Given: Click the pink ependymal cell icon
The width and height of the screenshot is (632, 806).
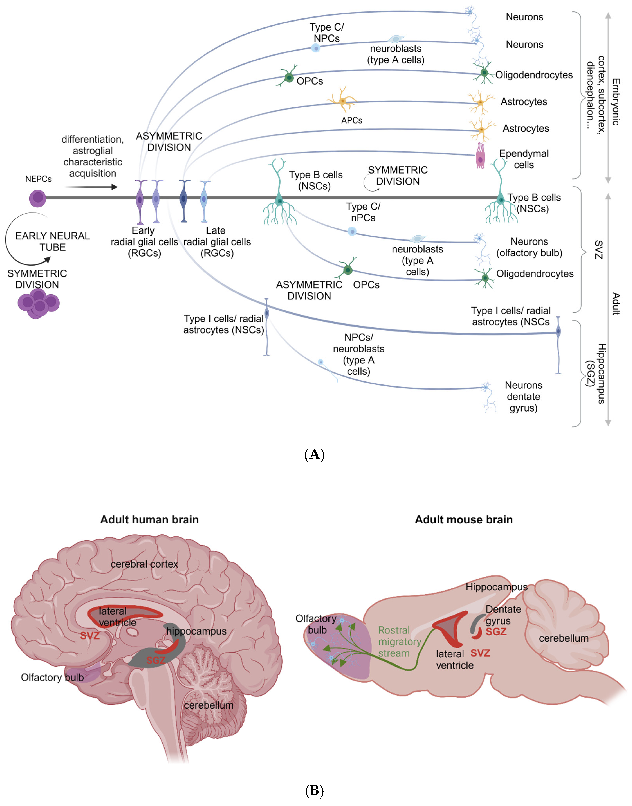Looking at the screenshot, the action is (480, 155).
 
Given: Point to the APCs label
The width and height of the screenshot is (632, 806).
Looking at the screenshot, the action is (352, 120).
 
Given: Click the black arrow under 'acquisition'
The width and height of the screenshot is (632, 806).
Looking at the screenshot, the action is (91, 187).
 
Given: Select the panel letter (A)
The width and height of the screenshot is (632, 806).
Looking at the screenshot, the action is (314, 454).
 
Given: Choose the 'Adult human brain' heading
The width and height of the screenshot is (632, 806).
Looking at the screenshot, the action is (149, 519).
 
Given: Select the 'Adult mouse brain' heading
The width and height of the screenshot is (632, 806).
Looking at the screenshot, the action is (464, 519).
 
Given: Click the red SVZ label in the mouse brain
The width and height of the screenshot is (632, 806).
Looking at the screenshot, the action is (480, 653).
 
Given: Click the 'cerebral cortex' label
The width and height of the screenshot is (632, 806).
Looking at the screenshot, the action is (144, 564).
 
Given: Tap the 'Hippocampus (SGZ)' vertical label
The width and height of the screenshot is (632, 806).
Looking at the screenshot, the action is (596, 373).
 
